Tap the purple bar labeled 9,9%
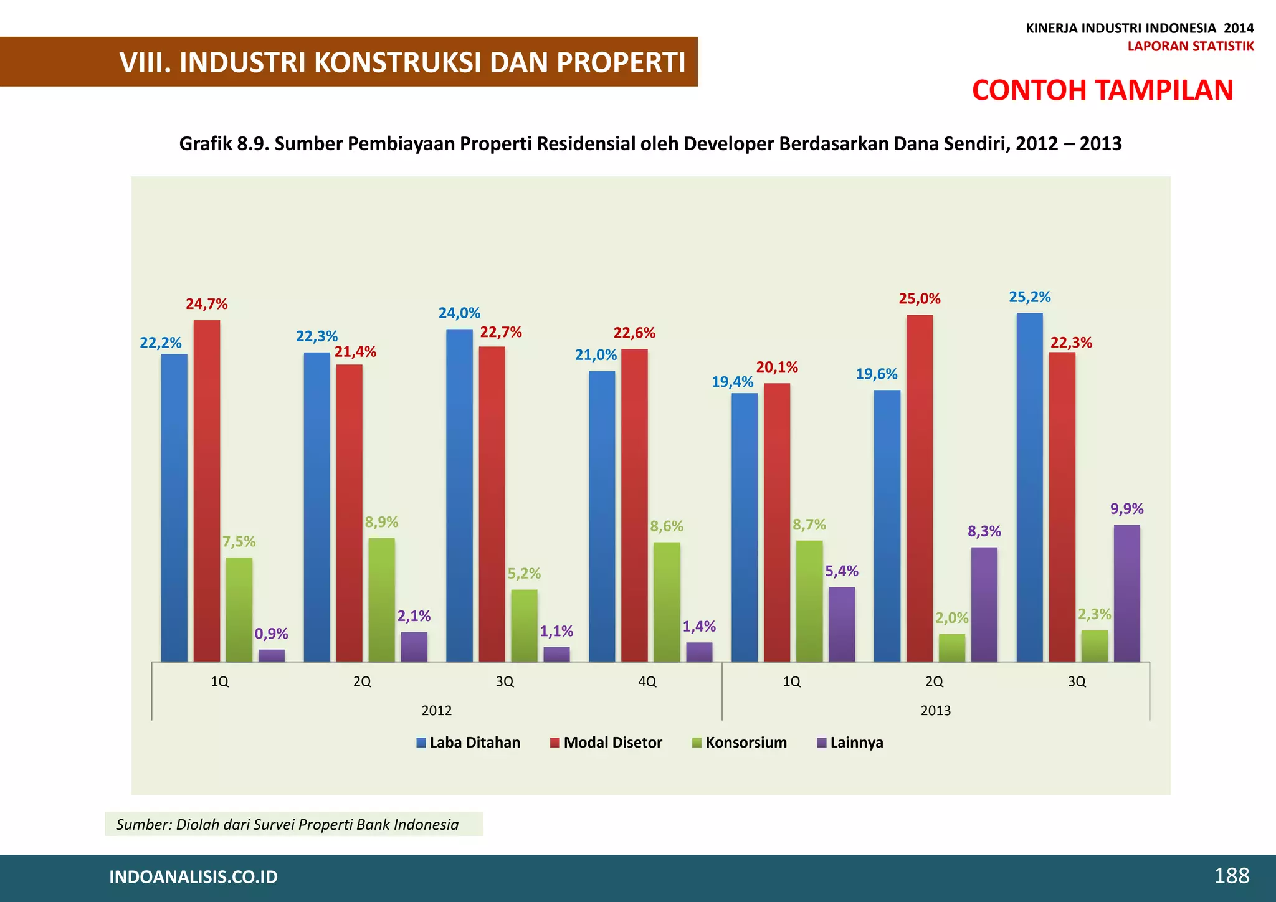click(x=1126, y=593)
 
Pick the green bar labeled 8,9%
click(x=381, y=599)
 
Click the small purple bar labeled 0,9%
click(x=272, y=655)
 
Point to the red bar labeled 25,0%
click(x=920, y=488)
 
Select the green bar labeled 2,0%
click(x=952, y=648)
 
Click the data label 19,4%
click(x=732, y=382)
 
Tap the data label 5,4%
click(x=842, y=571)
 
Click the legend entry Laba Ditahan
click(x=469, y=743)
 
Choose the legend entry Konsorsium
click(x=740, y=743)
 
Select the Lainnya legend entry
click(x=850, y=743)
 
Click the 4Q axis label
click(x=647, y=681)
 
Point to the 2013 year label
click(x=935, y=711)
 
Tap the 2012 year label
click(x=436, y=711)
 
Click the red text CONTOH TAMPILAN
click(x=1102, y=90)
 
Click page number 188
click(x=1231, y=876)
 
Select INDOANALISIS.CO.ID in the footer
click(x=193, y=877)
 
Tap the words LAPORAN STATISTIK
click(x=1190, y=46)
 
